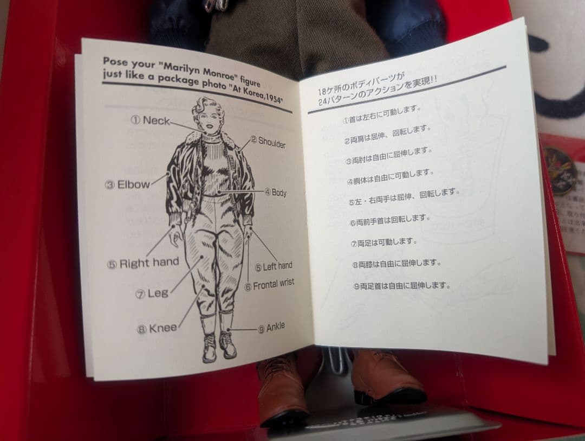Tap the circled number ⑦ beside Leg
140,295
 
